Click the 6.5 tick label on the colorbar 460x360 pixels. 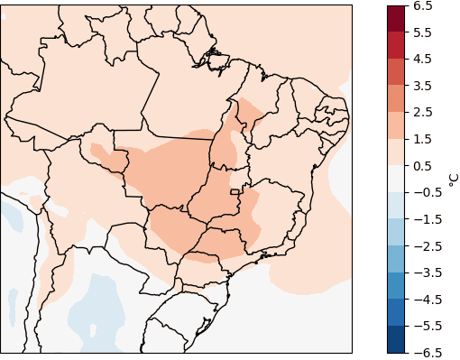(x=422, y=6)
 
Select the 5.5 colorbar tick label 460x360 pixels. (x=422, y=32)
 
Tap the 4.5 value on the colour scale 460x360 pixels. (x=422, y=60)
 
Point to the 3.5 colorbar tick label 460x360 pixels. (x=422, y=86)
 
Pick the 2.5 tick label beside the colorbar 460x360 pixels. (x=422, y=113)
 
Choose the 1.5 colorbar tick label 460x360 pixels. (x=422, y=139)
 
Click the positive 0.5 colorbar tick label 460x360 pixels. (x=422, y=166)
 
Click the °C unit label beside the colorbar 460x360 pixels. (x=453, y=179)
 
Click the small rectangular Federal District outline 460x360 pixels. (x=235, y=192)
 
